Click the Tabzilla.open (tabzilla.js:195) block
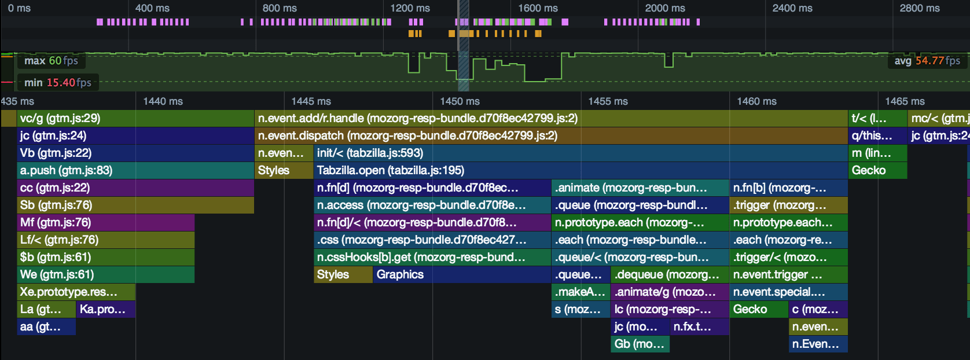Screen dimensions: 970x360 580,170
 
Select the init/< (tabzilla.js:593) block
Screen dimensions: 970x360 580,153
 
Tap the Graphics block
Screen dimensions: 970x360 462,274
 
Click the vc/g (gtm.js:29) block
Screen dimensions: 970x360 135,118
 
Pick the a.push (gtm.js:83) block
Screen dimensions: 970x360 135,170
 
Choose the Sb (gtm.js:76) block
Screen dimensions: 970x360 135,205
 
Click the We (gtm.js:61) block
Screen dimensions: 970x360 106,274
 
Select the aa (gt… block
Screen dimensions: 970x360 46,326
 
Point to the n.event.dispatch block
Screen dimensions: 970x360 551,135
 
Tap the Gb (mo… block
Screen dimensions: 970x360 640,344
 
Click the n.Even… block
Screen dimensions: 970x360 818,344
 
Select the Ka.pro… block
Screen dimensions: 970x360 106,309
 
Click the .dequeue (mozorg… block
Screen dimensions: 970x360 670,274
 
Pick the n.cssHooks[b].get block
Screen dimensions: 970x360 432,257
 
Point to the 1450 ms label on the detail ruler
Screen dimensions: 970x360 460,101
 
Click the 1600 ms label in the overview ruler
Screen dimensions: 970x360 538,8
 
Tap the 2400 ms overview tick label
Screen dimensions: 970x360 792,8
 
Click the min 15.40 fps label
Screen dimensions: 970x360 58,82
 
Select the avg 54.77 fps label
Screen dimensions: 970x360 928,61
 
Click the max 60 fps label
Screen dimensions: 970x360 51,61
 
